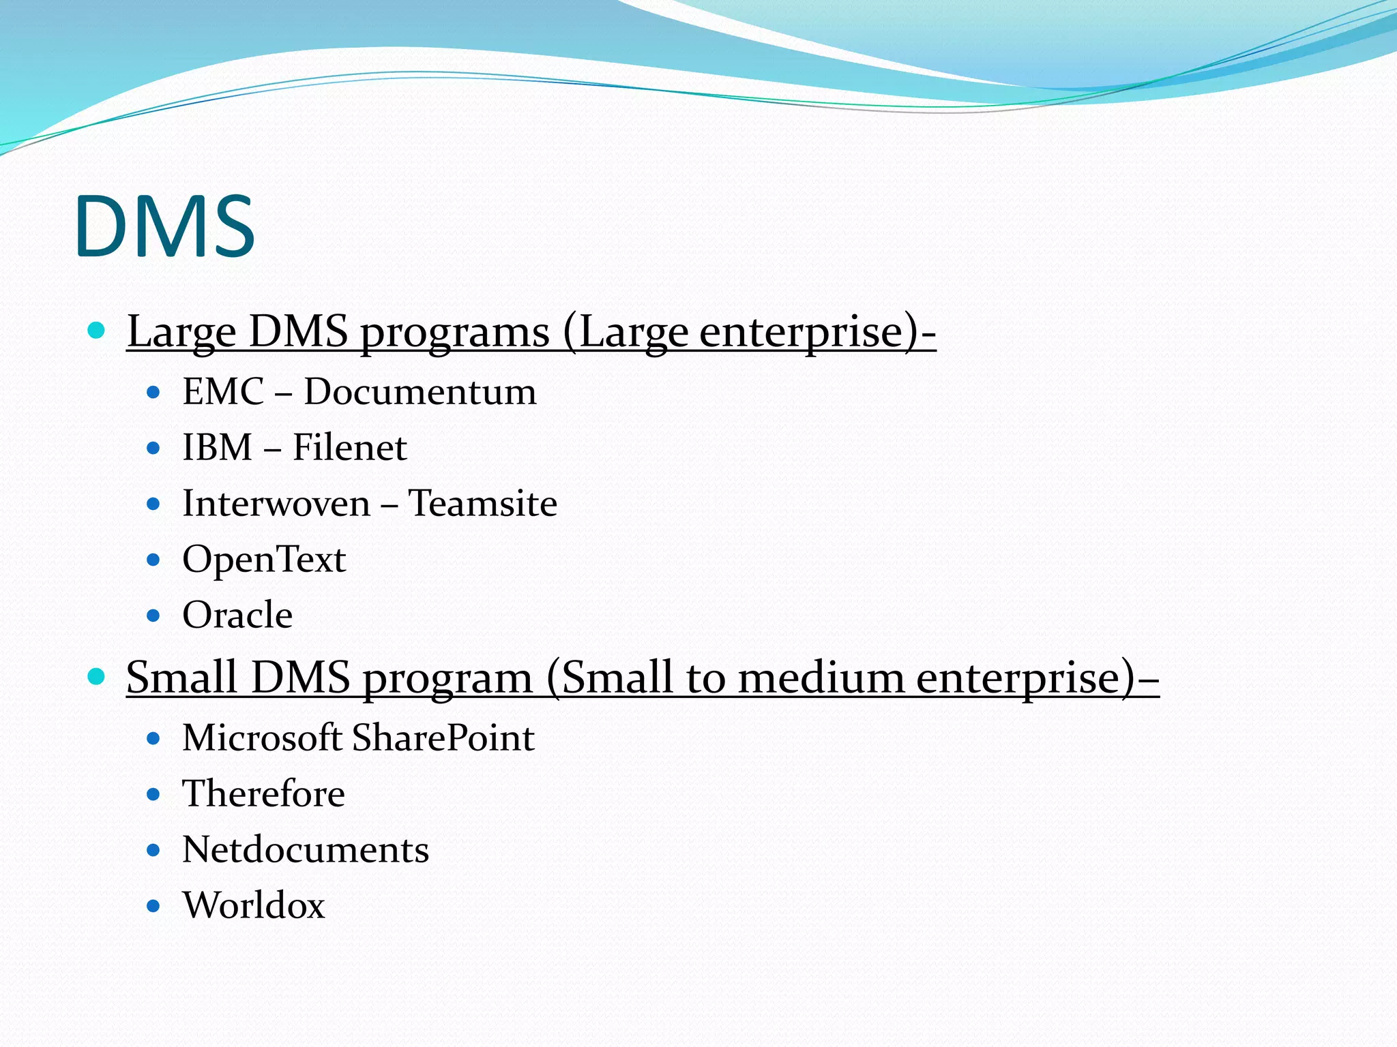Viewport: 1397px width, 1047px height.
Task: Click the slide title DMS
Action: pos(165,226)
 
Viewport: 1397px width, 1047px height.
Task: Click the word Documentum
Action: pos(420,392)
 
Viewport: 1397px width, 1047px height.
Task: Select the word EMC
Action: pos(223,392)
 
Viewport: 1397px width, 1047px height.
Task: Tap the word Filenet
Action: pos(349,448)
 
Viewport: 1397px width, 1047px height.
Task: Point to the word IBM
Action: pos(218,448)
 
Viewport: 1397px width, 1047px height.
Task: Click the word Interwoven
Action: pos(276,504)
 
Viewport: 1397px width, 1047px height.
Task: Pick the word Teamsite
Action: pos(482,504)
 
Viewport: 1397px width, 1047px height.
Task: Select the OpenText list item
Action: pos(264,560)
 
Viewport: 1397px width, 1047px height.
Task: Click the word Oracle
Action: pos(237,615)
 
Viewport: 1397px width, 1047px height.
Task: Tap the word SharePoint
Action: pos(443,738)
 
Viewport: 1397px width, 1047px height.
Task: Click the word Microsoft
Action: pos(262,738)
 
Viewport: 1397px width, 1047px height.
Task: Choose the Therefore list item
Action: pos(263,794)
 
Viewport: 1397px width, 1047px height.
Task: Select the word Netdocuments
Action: pos(306,850)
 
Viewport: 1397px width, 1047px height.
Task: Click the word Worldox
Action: pos(254,906)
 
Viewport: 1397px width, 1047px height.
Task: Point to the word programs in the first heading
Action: pos(454,333)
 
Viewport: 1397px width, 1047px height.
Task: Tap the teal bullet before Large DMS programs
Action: pos(97,331)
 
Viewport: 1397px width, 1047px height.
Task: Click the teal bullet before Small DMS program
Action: pos(97,677)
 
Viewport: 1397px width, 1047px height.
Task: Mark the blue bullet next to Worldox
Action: pos(153,907)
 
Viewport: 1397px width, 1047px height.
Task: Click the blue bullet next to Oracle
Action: pos(153,616)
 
